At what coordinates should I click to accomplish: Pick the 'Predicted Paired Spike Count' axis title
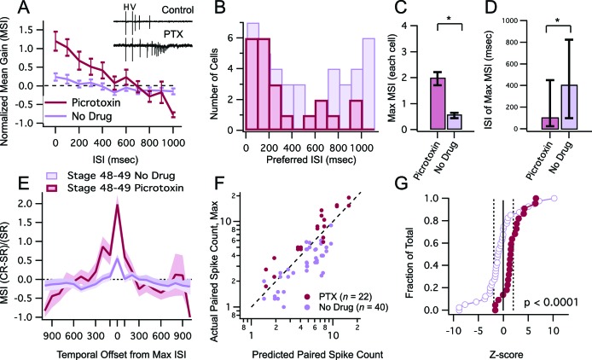[306, 351]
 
